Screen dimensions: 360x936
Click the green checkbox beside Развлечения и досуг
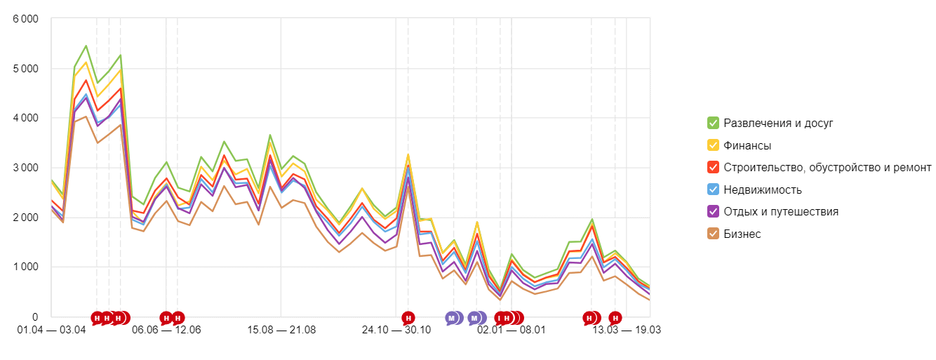(713, 124)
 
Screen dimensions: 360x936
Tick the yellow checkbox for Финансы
(713, 146)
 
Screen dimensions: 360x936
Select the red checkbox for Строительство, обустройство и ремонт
(713, 168)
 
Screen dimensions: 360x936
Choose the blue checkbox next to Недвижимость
(713, 189)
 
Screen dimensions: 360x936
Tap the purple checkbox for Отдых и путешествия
(713, 212)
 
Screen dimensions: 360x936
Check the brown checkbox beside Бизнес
(713, 234)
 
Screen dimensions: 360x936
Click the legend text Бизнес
(742, 234)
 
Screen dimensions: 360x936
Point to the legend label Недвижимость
(763, 189)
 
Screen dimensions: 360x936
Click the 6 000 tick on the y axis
(25, 19)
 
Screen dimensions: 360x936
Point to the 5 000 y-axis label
(25, 69)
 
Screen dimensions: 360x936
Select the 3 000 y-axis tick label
(25, 168)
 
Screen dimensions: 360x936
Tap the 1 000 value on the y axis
(25, 267)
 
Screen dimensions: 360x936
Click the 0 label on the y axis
(35, 316)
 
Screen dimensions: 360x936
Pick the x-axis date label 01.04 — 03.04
(51, 330)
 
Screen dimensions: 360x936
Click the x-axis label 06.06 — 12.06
(166, 330)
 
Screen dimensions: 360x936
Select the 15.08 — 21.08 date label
(281, 330)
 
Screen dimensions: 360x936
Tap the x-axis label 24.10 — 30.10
(396, 330)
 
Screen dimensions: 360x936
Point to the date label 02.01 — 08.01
(511, 330)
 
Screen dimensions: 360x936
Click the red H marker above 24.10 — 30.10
(408, 318)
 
